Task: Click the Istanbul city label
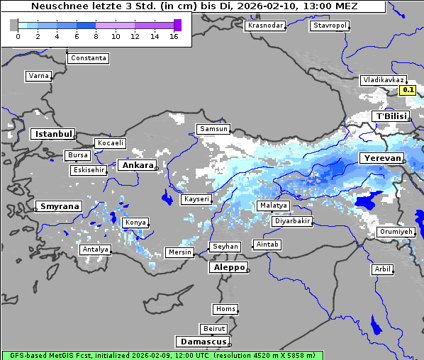pos(53,134)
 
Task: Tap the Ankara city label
pos(138,165)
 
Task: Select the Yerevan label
pos(381,158)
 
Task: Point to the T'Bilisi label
pos(390,116)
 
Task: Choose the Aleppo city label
pos(228,267)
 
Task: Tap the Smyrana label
pos(58,207)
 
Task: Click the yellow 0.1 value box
pos(408,90)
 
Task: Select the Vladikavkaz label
pos(383,80)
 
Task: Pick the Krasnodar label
pos(264,26)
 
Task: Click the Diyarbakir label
pos(292,221)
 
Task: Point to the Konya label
pos(135,223)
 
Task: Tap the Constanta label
pos(89,58)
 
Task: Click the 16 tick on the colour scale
pos(174,36)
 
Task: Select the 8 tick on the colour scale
pos(96,36)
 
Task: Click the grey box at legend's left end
pos(14,25)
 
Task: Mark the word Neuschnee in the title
pos(56,6)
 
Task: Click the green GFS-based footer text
pos(162,355)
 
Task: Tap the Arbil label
pos(382,269)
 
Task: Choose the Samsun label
pos(213,129)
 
